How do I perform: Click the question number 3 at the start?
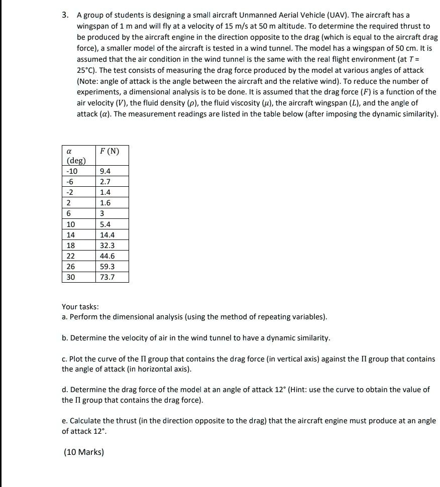65,15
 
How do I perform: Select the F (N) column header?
109,151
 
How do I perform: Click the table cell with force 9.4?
105,171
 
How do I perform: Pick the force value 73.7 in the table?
107,277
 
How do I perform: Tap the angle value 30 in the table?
71,277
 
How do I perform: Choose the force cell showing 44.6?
107,256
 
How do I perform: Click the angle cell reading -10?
72,171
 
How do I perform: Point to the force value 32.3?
107,246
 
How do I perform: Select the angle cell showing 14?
71,235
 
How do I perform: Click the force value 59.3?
107,267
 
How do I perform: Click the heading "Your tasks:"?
80,307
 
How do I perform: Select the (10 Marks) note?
84,452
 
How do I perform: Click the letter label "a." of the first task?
65,317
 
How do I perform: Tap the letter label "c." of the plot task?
65,359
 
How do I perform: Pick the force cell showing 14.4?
107,235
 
